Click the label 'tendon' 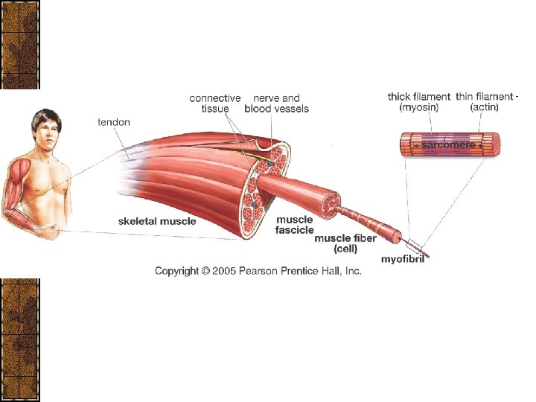click(114, 122)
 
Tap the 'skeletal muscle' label click(157, 221)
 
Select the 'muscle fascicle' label click(294, 225)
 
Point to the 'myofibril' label click(403, 259)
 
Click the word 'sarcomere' click(448, 146)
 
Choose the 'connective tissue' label click(214, 103)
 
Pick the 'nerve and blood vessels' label click(276, 103)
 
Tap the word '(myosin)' click(419, 108)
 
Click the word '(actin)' click(484, 108)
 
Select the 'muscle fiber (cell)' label click(345, 243)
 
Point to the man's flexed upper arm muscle click(20, 179)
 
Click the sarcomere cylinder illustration click(449, 145)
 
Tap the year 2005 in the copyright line click(223, 271)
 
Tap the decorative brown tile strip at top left click(19, 45)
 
